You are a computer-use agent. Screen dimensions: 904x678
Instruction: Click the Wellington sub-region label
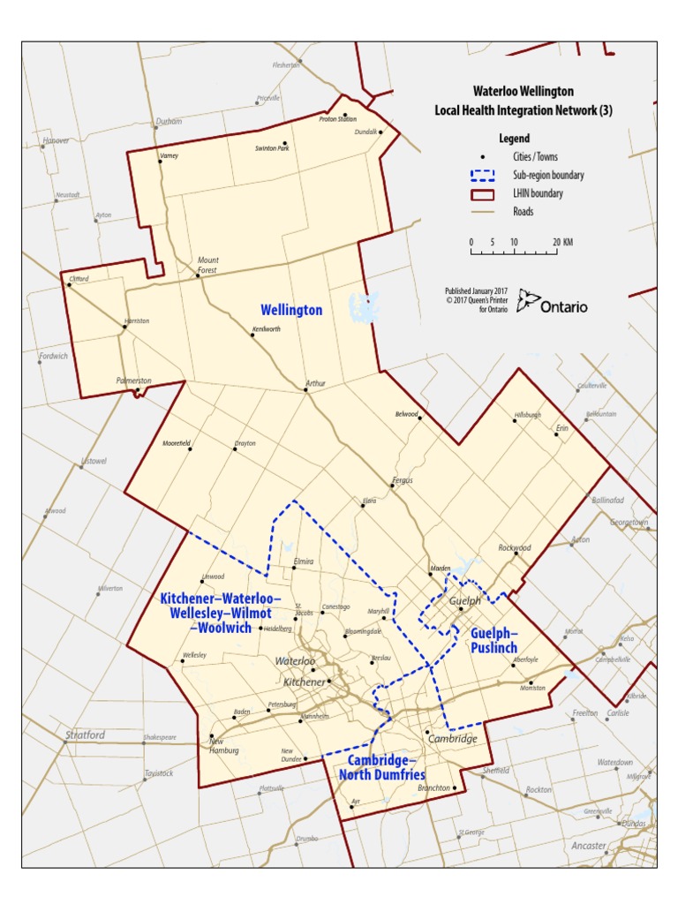(x=290, y=310)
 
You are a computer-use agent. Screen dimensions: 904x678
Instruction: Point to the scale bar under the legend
(x=513, y=252)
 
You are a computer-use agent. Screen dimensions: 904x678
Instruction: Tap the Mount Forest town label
(x=207, y=264)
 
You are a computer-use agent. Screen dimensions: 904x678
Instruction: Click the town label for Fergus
(x=402, y=480)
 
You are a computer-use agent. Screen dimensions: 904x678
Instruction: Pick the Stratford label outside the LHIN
(x=85, y=734)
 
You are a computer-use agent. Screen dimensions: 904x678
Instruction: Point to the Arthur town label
(x=315, y=383)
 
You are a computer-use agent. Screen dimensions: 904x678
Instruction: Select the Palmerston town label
(x=133, y=380)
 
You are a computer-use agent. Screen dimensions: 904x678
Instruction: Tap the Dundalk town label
(x=365, y=132)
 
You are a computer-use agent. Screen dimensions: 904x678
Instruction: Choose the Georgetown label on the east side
(x=629, y=523)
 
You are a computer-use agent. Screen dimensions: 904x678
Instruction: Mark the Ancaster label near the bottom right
(x=589, y=846)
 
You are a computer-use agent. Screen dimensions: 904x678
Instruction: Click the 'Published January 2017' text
(x=476, y=290)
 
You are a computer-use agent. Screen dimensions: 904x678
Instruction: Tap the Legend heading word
(x=514, y=139)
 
